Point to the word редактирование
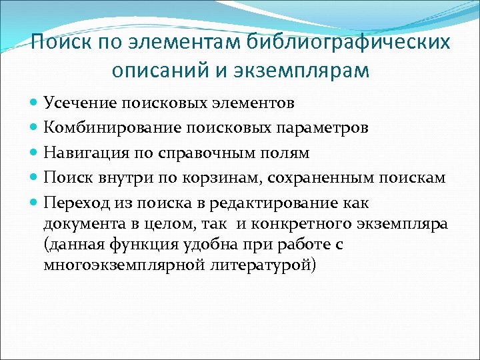click(x=280, y=203)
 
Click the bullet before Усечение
click(x=34, y=103)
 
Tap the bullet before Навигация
click(x=34, y=153)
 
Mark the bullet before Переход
click(x=34, y=203)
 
